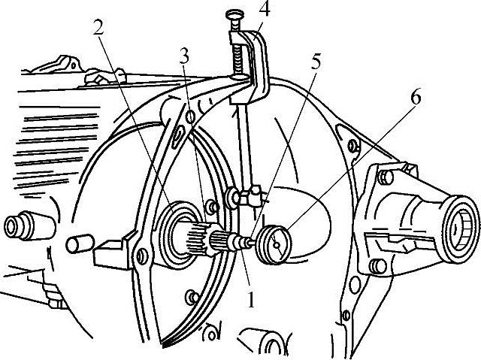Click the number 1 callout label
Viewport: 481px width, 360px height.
(251, 300)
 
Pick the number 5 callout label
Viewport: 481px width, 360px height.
(315, 63)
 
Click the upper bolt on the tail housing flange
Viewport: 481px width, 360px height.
(386, 177)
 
